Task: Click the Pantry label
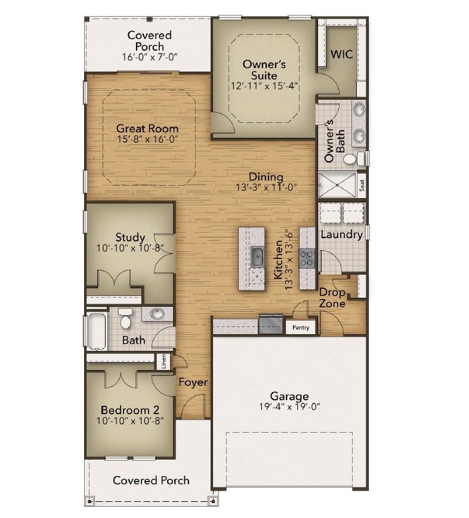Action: (301, 328)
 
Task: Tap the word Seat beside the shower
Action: (362, 186)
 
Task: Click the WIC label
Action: (341, 54)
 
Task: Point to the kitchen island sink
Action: (257, 257)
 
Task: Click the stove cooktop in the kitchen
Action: (307, 258)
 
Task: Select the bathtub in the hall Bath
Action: (97, 331)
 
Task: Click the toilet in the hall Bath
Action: (125, 319)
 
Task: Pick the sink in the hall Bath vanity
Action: (157, 313)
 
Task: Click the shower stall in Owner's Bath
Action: (337, 185)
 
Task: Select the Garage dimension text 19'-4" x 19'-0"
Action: (289, 406)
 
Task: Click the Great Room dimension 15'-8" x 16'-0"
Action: (147, 139)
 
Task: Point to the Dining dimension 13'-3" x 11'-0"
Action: (266, 187)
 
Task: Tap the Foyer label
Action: (193, 382)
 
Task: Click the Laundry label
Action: (341, 235)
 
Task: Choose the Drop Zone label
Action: (332, 298)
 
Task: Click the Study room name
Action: (130, 237)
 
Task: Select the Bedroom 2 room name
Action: (130, 410)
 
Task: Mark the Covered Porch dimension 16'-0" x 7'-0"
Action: (150, 57)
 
